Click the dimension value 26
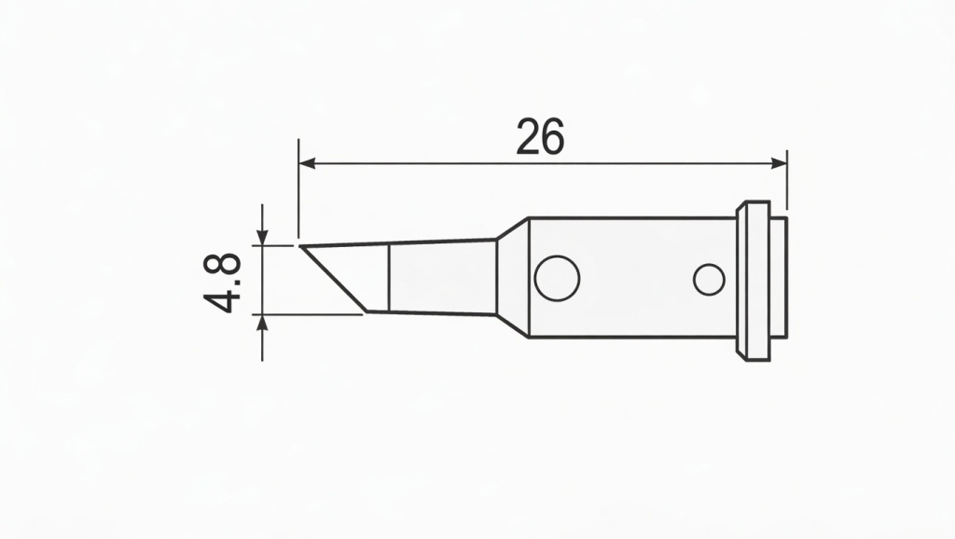coord(540,138)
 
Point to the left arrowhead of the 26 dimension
coord(306,163)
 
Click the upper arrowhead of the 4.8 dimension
coord(262,237)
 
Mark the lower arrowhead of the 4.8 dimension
coord(262,323)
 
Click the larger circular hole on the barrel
coord(558,278)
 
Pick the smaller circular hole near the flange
coord(709,279)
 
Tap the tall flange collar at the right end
coord(754,280)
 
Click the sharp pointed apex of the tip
coord(302,247)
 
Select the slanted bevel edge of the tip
coord(334,279)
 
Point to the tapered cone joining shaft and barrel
coord(512,278)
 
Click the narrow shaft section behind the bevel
coord(440,278)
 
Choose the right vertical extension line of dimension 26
coord(787,182)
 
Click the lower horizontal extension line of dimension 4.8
coord(308,314)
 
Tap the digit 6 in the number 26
coord(553,138)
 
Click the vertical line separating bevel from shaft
coord(388,278)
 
